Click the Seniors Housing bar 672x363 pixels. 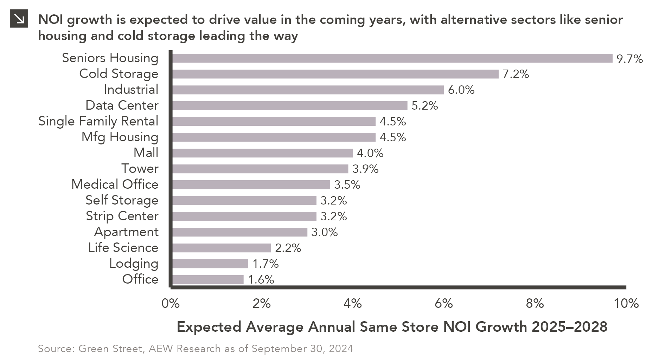(392, 58)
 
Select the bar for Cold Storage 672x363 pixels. (335, 74)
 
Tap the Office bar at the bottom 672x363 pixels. (208, 280)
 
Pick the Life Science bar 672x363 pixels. (222, 248)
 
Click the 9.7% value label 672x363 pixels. (629, 59)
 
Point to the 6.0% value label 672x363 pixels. (461, 90)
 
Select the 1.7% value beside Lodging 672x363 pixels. (265, 264)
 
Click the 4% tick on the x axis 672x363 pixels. (352, 303)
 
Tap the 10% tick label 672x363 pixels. (626, 303)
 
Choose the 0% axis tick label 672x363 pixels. (171, 303)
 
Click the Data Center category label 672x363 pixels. (122, 105)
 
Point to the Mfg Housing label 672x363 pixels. (120, 137)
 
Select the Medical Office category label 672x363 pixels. (115, 184)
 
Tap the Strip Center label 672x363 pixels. (122, 216)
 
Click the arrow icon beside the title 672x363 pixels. (19, 19)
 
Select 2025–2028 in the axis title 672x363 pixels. (569, 327)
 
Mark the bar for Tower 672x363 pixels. (260, 169)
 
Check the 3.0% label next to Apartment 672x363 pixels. (324, 232)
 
